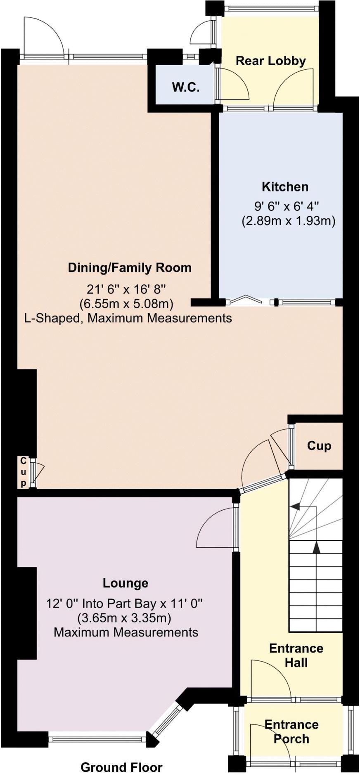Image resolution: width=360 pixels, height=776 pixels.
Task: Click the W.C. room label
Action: pyautogui.click(x=186, y=88)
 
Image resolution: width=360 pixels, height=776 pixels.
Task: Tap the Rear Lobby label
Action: pyautogui.click(x=271, y=61)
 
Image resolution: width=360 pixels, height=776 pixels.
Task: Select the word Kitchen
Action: pyautogui.click(x=285, y=187)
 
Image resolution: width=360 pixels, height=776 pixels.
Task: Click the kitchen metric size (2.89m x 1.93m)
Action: pyautogui.click(x=288, y=221)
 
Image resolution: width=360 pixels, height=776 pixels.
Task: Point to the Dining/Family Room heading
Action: pyautogui.click(x=130, y=267)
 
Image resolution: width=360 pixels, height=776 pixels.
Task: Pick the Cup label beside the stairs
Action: pyautogui.click(x=319, y=446)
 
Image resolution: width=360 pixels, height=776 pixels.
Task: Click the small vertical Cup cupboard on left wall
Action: pyautogui.click(x=24, y=472)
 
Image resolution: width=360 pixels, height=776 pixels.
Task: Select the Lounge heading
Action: pyautogui.click(x=126, y=583)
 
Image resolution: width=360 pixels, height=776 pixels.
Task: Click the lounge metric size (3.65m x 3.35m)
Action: pyautogui.click(x=124, y=618)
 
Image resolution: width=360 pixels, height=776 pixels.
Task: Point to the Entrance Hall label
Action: pyautogui.click(x=296, y=655)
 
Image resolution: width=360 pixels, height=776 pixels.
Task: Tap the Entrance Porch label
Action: pyautogui.click(x=291, y=731)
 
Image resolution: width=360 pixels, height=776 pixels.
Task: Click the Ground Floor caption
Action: pyautogui.click(x=121, y=767)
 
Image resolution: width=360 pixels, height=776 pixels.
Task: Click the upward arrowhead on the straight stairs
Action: pyautogui.click(x=316, y=548)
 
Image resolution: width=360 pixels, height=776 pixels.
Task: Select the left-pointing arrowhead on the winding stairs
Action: pyautogui.click(x=295, y=506)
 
